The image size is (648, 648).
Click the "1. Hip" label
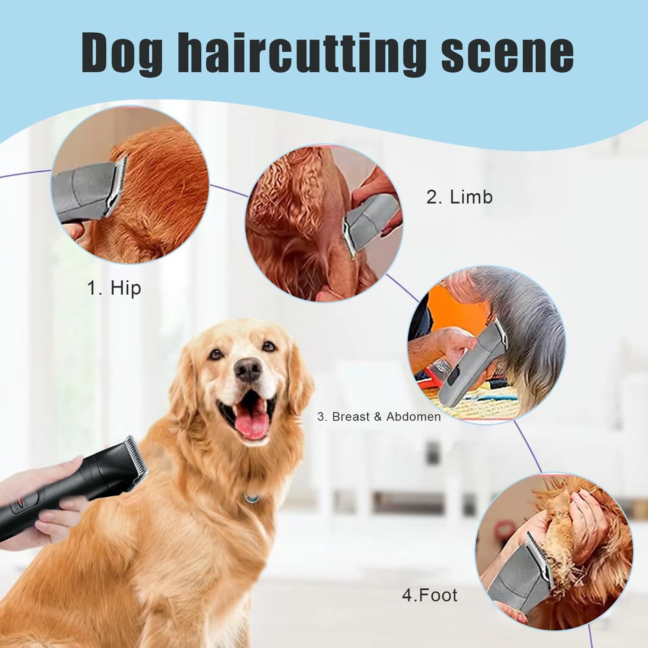pos(114,288)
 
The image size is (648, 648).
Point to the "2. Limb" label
pos(459,197)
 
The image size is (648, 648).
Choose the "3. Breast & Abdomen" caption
pos(379,417)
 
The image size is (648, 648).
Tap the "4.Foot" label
pos(430,595)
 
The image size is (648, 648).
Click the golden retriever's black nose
pos(248,370)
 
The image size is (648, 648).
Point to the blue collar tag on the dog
pos(252,498)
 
